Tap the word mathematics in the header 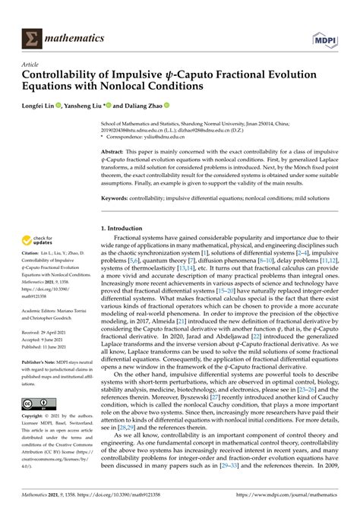(x=74, y=37)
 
